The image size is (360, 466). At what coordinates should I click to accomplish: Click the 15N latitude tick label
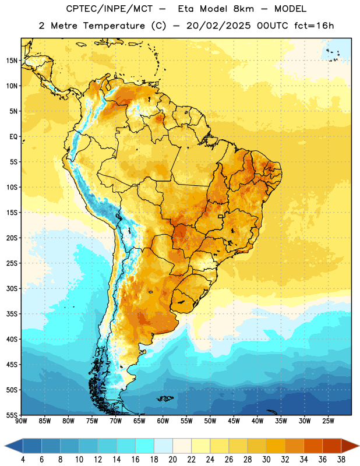pos(12,61)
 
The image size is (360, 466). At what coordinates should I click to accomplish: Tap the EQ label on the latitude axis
pos(13,137)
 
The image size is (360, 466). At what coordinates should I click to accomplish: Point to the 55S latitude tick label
pos(12,415)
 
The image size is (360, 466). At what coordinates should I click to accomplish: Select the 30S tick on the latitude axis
pos(12,288)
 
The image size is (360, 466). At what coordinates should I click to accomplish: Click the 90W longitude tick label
pos(22,421)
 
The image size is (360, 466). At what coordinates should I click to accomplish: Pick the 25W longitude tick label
pos(328,421)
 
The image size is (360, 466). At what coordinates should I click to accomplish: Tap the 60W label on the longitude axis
pos(163,421)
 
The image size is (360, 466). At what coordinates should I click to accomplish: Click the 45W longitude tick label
pos(234,421)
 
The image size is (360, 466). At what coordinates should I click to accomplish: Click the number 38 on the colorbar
pos(341,460)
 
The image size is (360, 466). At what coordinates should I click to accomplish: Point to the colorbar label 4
pos(23,460)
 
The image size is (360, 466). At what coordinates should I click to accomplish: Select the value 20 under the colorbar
pos(172,460)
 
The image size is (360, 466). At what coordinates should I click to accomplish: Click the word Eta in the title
pos(186,9)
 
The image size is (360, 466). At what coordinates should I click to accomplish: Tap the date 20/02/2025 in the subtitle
pos(218,26)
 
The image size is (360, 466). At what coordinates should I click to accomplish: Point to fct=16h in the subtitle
pos(314,26)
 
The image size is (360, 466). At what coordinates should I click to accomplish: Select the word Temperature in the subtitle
pos(114,26)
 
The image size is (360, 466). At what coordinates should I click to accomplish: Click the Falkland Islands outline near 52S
pos(165,398)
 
